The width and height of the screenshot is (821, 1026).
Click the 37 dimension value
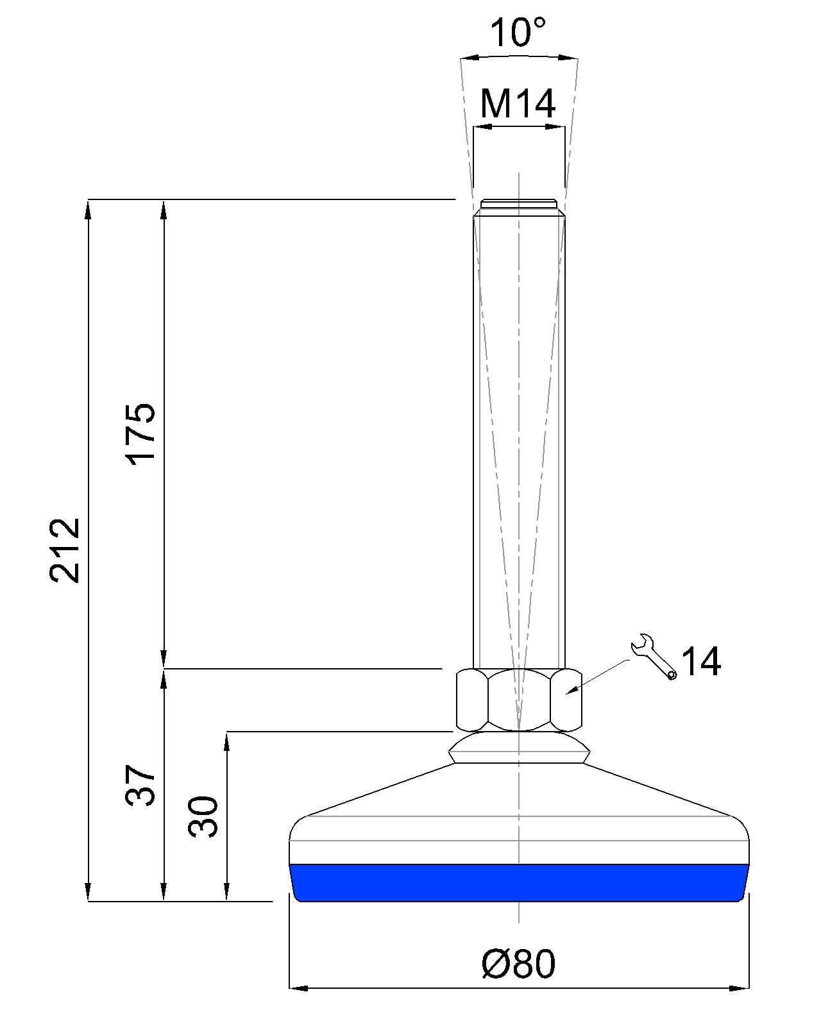[140, 784]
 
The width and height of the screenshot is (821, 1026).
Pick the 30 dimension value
[203, 816]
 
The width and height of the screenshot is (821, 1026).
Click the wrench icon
[652, 655]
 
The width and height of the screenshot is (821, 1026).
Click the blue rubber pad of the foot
[519, 882]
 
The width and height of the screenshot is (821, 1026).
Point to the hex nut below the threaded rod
[519, 700]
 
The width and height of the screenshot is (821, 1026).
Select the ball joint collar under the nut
[519, 748]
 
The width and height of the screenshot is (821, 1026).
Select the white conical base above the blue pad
[519, 814]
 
